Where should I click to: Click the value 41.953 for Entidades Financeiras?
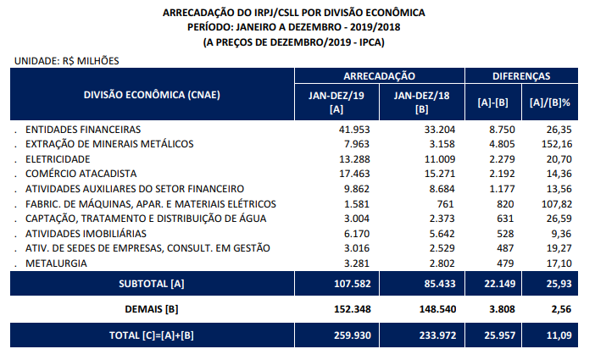[354, 130]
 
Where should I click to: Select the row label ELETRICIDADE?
[58, 159]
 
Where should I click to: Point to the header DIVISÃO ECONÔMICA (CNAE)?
[152, 95]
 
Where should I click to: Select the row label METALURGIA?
[56, 263]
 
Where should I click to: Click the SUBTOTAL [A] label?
[152, 283]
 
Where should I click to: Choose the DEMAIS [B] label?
[152, 308]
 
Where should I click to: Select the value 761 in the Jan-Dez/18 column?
[442, 203]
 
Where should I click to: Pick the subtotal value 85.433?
[435, 283]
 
